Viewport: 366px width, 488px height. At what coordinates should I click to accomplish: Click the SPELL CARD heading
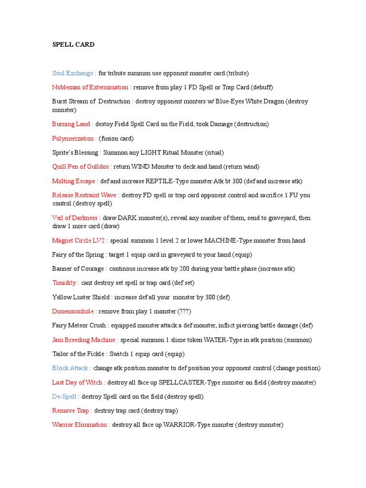[73, 45]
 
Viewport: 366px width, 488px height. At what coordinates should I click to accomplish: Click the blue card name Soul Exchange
[72, 73]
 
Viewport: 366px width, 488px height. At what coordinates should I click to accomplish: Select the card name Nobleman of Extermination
[90, 87]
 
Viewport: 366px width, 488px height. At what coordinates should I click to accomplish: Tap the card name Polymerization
[72, 139]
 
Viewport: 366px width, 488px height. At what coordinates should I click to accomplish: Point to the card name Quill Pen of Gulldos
[81, 167]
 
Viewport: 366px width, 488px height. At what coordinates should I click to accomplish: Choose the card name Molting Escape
[73, 181]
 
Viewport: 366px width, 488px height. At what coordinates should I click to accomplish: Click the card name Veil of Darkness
[74, 218]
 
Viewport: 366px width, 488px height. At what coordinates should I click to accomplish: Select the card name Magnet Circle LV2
[78, 241]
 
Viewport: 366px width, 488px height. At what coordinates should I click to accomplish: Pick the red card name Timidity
[64, 283]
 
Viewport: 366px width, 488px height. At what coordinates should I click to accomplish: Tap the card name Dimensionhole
[72, 311]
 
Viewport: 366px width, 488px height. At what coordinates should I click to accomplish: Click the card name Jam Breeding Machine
[83, 340]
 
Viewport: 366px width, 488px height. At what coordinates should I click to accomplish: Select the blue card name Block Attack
[70, 368]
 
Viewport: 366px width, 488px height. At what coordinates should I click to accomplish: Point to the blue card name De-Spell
[64, 396]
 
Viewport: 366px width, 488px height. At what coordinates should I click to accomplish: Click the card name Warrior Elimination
[79, 425]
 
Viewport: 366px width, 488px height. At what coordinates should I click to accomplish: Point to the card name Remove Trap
[70, 411]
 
